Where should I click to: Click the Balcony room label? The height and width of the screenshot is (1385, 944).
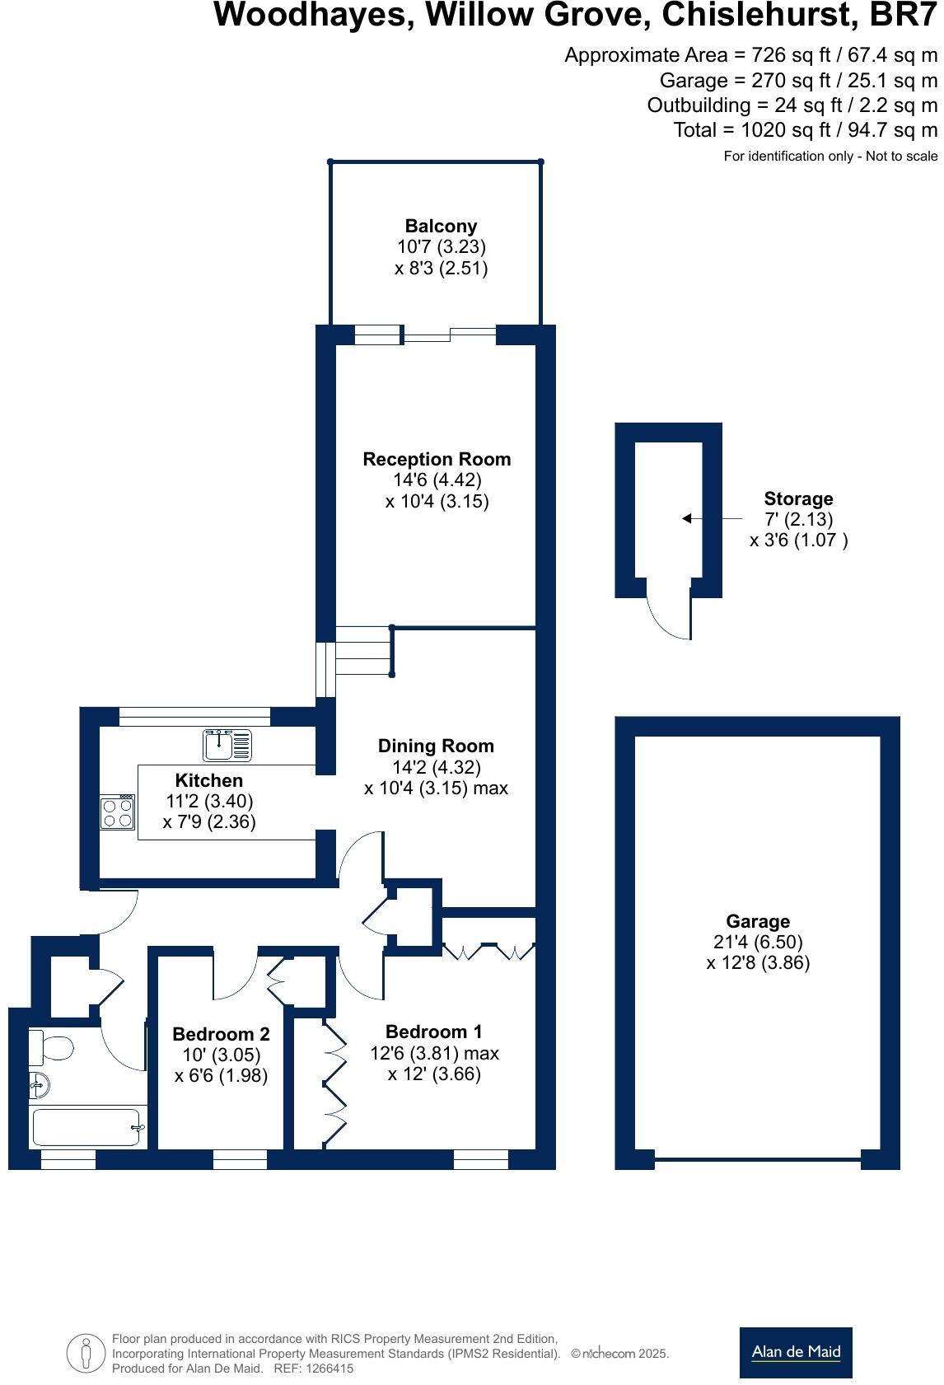tap(441, 226)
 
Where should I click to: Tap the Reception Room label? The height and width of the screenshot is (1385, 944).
tap(437, 459)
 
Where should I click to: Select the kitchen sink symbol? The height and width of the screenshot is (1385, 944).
tap(227, 745)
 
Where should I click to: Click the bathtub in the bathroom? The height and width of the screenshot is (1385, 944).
tap(86, 1126)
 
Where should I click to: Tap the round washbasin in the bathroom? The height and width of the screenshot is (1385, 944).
tap(39, 1084)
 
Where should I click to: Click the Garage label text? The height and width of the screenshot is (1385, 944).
tap(758, 921)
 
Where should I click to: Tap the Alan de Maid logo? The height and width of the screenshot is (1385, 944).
tap(795, 1352)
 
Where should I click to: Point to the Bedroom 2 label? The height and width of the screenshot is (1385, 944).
tap(221, 1034)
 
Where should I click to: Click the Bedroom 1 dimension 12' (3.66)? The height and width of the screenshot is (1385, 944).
tap(434, 1074)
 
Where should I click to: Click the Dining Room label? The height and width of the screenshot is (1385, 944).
tap(436, 746)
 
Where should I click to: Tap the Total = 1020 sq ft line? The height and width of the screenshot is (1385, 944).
tap(805, 130)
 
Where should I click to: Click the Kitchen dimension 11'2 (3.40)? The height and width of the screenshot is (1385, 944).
tap(209, 801)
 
